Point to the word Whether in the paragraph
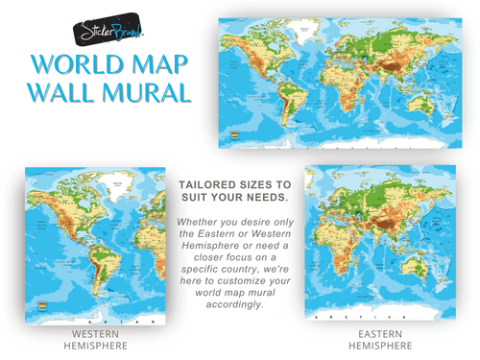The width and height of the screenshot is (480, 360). [200, 222]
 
